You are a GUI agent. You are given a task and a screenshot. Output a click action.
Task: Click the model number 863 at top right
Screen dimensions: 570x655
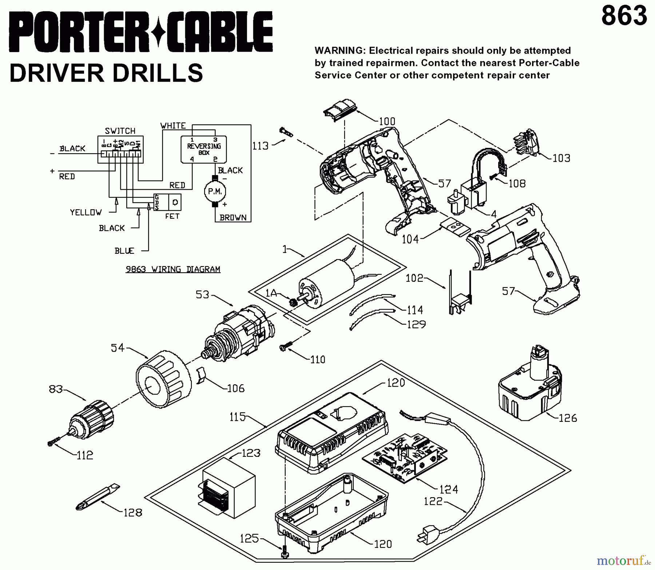tap(624, 16)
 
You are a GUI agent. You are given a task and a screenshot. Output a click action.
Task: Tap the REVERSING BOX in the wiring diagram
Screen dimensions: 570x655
tap(204, 149)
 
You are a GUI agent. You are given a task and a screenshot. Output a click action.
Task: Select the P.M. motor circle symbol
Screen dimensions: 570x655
tap(215, 191)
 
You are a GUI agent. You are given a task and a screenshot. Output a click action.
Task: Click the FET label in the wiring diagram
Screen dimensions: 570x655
tap(172, 216)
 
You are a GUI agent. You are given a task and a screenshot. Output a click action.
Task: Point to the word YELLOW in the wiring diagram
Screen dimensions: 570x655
tap(86, 213)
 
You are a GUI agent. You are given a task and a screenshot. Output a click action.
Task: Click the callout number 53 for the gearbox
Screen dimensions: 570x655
tap(203, 294)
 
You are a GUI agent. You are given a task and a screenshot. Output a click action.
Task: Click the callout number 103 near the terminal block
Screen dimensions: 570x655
tap(561, 158)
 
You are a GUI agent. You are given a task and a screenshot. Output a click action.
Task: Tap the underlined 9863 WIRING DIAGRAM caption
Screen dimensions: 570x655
tap(173, 269)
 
